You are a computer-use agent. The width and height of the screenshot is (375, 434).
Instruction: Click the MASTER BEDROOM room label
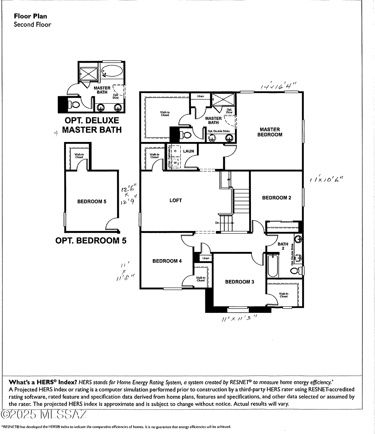[x=270, y=132]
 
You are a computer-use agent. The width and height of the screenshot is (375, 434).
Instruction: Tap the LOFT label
[x=175, y=200]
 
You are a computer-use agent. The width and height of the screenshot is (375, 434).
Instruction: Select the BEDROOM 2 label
[x=276, y=198]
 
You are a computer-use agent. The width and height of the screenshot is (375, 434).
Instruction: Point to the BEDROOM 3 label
[x=239, y=282]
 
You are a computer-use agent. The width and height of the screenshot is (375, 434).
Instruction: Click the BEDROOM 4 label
[x=167, y=261]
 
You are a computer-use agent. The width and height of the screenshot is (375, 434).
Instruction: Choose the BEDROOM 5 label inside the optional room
[x=92, y=201]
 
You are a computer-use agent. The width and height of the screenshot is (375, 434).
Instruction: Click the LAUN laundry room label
[x=188, y=151]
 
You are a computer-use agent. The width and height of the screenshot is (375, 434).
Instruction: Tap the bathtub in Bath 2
[x=273, y=265]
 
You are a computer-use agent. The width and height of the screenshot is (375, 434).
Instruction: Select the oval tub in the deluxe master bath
[x=112, y=70]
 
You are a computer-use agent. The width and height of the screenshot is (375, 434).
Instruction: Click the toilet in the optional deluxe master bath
[x=74, y=105]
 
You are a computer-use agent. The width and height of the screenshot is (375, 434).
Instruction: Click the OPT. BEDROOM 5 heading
[x=91, y=240]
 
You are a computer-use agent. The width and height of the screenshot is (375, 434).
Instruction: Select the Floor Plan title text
[x=30, y=16]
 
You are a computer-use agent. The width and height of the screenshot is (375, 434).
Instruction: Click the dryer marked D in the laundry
[x=175, y=151]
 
